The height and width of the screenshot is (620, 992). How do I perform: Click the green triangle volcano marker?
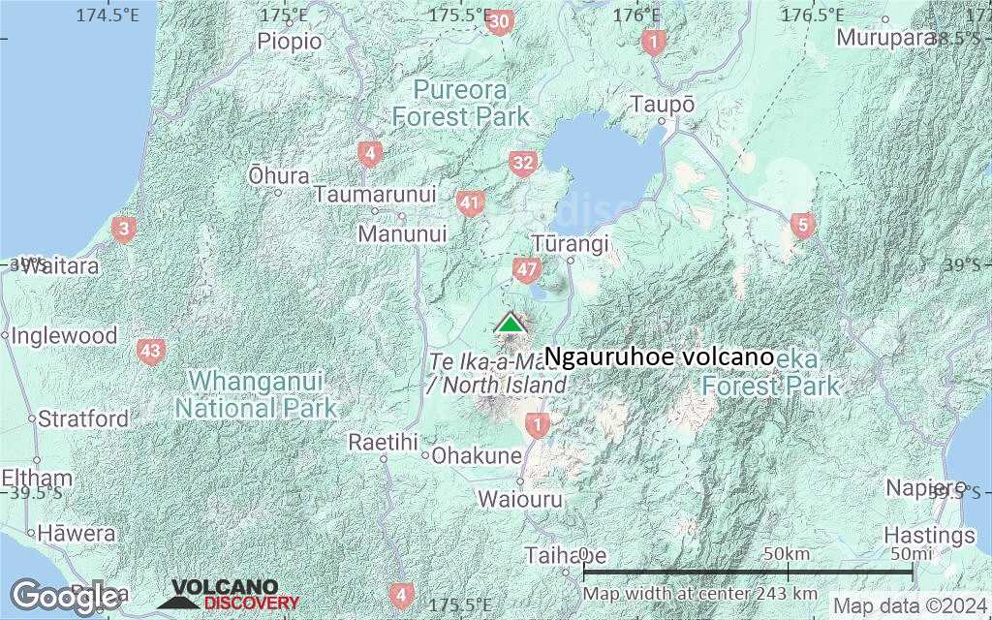(510, 323)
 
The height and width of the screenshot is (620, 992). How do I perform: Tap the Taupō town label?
(663, 104)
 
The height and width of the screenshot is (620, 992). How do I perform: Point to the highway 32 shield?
(523, 163)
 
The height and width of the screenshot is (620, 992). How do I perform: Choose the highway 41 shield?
(471, 203)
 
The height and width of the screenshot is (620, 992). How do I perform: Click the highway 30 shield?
(500, 22)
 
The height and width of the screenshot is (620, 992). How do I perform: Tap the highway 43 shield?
(150, 351)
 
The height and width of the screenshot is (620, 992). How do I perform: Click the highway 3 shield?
(124, 230)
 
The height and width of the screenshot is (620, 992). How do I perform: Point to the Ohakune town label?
(477, 454)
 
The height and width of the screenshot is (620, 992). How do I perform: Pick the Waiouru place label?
(519, 499)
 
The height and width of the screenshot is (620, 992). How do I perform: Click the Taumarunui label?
(375, 194)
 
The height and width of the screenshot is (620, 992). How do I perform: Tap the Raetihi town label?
(384, 442)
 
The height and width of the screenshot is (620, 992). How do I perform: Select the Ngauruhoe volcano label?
(659, 357)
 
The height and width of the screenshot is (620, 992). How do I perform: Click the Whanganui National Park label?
(256, 392)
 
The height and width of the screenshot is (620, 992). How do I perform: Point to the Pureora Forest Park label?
(461, 104)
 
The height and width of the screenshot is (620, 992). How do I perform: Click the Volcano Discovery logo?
(229, 594)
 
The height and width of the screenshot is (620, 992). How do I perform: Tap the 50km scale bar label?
(787, 553)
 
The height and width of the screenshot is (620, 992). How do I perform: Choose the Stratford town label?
(83, 419)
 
